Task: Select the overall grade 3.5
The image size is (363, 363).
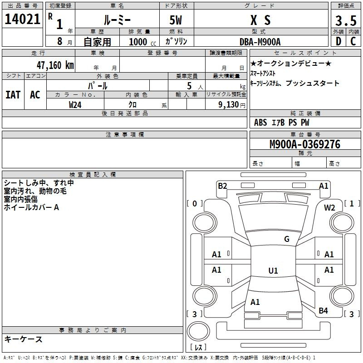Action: click(x=345, y=20)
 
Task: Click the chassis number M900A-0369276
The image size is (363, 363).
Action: click(x=304, y=145)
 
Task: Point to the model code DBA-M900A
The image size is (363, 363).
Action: click(x=260, y=41)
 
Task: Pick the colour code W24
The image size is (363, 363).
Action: click(x=75, y=104)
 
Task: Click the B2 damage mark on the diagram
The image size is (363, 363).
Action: click(x=222, y=186)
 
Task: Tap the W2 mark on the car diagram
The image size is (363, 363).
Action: click(x=329, y=207)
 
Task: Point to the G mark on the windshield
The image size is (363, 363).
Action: click(x=287, y=239)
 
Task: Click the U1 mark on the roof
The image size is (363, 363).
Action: click(x=273, y=271)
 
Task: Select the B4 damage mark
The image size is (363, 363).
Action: click(x=323, y=310)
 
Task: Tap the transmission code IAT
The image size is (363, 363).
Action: click(x=13, y=95)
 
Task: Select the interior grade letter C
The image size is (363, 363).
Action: click(x=353, y=41)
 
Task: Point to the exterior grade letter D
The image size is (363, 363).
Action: click(x=338, y=41)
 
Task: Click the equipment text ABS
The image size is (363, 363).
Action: click(x=260, y=123)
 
